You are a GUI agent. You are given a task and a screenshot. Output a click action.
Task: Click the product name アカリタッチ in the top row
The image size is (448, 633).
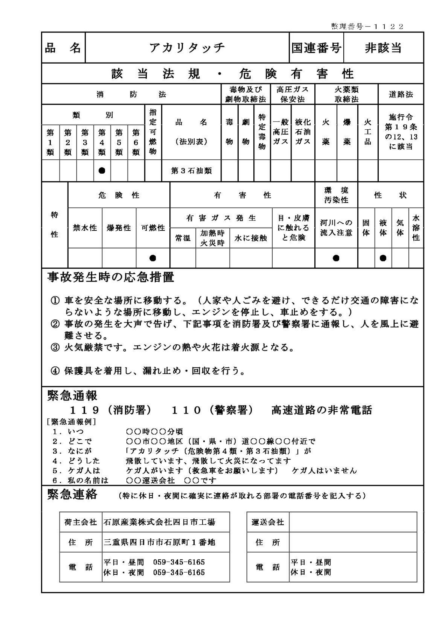pyautogui.click(x=187, y=48)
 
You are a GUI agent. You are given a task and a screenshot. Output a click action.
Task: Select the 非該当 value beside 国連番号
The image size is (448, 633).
pyautogui.click(x=383, y=48)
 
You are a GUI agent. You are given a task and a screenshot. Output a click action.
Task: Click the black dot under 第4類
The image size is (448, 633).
pyautogui.click(x=102, y=171)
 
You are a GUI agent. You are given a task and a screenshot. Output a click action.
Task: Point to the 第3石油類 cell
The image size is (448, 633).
pyautogui.click(x=191, y=171)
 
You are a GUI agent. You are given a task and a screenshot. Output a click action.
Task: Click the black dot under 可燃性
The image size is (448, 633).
pyautogui.click(x=153, y=258)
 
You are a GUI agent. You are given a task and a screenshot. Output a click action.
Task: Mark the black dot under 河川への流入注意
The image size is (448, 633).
pyautogui.click(x=336, y=258)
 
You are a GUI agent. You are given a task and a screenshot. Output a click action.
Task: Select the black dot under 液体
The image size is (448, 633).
pyautogui.click(x=383, y=258)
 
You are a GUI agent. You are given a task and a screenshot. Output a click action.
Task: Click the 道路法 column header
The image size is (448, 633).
pyautogui.click(x=401, y=94)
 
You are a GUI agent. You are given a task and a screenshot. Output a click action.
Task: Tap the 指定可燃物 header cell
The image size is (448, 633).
pyautogui.click(x=153, y=132)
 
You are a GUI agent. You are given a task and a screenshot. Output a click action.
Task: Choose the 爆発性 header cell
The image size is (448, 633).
pyautogui.click(x=119, y=228)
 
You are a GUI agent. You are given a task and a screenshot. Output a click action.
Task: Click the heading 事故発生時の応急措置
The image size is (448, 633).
pyautogui.click(x=111, y=278)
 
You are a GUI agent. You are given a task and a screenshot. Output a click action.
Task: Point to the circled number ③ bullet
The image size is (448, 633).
pyautogui.click(x=55, y=348)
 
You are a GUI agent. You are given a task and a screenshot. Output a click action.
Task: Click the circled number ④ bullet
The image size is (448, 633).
pyautogui.click(x=55, y=371)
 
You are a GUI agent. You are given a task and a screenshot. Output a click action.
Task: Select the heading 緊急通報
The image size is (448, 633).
pyautogui.click(x=72, y=396)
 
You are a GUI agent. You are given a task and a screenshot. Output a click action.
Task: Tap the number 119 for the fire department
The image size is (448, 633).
pyautogui.click(x=84, y=410)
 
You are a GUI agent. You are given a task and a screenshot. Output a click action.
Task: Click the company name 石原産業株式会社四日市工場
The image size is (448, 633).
pyautogui.click(x=159, y=522)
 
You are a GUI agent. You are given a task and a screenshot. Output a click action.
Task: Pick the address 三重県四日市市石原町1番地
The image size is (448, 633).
pyautogui.click(x=159, y=542)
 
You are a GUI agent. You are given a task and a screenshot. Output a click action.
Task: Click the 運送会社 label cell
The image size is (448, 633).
pyautogui.click(x=268, y=522)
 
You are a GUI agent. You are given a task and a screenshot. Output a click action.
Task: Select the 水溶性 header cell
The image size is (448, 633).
pyautogui.click(x=416, y=228)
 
